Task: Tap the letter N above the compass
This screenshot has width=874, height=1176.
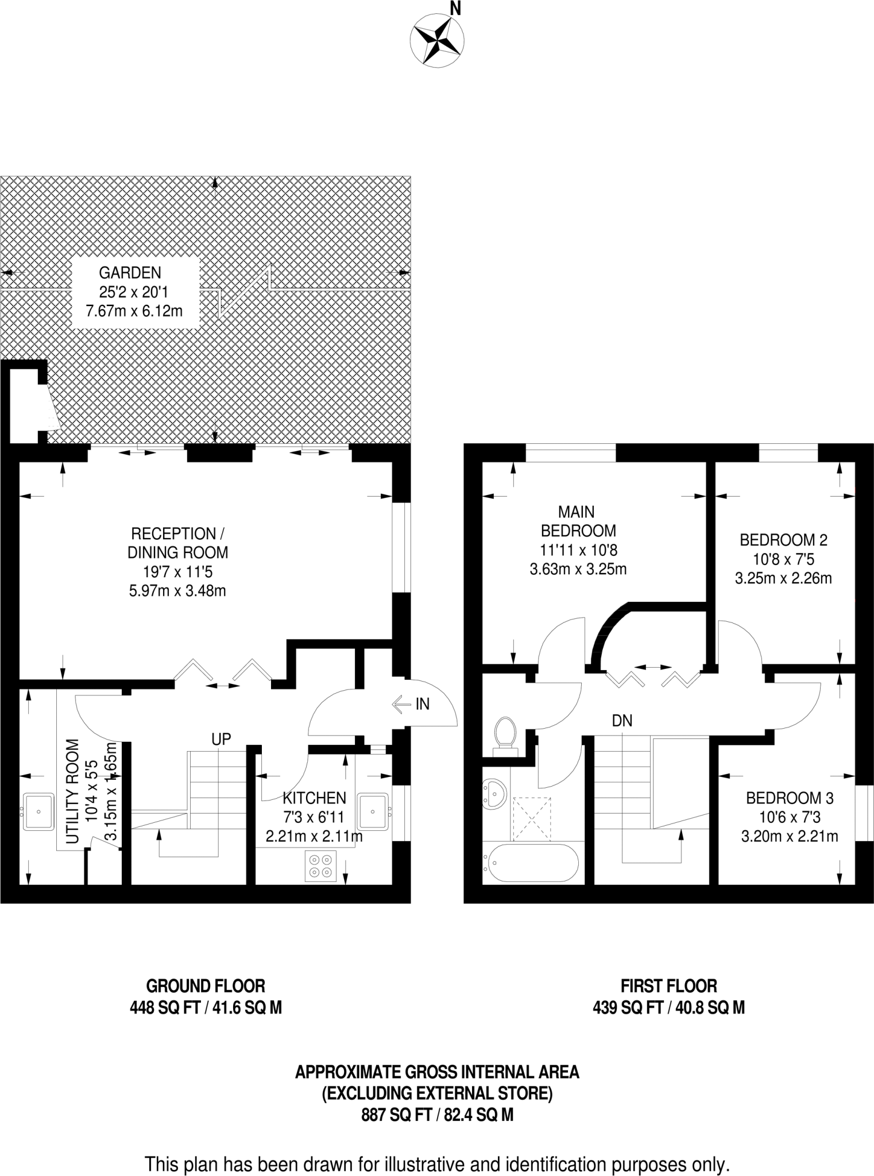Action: point(455,8)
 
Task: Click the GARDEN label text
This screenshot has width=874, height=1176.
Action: point(130,273)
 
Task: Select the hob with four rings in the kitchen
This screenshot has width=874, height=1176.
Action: point(320,866)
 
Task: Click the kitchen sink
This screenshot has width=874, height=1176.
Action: point(373,811)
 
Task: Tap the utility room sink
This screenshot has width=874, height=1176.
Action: point(38,812)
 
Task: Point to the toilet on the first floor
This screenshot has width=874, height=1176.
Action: point(506,732)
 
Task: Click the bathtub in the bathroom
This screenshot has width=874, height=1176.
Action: point(531,862)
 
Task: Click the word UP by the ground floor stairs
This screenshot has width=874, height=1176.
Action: point(221,739)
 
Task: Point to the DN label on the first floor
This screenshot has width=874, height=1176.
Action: point(622,721)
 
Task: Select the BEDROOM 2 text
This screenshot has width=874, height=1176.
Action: point(783,540)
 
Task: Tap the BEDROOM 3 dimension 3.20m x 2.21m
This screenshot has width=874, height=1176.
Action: point(789,837)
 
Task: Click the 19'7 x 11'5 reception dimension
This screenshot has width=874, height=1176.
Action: point(177,571)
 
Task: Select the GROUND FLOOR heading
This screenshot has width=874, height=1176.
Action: point(206,986)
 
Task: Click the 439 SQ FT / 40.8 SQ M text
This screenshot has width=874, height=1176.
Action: point(668,1007)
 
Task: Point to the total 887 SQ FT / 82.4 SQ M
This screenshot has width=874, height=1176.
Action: point(437,1115)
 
